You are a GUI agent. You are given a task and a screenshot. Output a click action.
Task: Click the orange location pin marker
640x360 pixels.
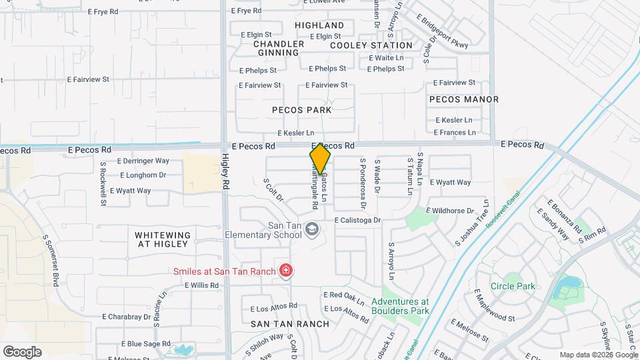point(320,158)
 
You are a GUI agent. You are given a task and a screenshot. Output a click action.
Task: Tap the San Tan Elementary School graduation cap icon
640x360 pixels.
point(311,230)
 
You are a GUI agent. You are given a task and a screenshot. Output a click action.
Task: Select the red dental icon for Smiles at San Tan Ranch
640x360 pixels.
point(286,271)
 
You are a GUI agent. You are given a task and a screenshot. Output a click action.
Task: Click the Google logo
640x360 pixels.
point(22,352)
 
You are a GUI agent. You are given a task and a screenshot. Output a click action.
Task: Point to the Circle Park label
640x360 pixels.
point(513,287)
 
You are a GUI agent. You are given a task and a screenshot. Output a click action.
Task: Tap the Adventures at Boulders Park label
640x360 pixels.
point(400,306)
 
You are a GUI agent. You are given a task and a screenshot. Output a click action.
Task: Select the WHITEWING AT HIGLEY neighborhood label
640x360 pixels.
point(163,240)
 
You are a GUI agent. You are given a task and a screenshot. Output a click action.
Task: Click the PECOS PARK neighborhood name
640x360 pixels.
point(301,110)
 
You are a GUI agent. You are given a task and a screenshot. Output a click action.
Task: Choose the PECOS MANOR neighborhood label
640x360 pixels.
point(464,99)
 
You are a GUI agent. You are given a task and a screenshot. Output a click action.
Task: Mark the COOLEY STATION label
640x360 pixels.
point(371,45)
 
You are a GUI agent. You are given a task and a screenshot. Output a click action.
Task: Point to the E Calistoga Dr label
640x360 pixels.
point(357,220)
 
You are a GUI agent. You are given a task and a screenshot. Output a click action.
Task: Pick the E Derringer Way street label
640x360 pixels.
point(143,161)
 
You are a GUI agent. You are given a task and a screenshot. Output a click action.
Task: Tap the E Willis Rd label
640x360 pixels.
point(201,285)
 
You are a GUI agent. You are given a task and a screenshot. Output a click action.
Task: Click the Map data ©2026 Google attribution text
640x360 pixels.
point(598,355)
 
